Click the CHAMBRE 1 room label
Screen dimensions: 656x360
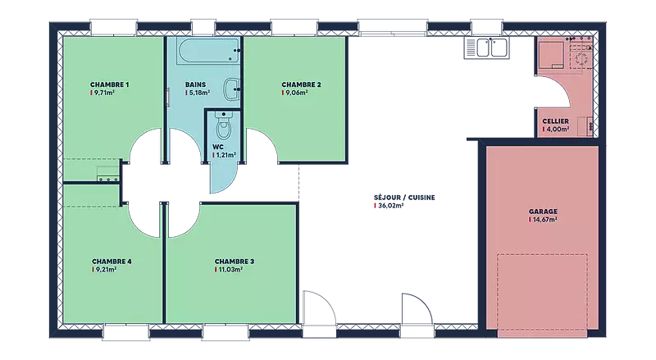[110, 84]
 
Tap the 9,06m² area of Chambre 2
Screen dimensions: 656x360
[297, 93]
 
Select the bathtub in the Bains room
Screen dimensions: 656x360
[208, 51]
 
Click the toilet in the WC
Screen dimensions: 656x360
[224, 125]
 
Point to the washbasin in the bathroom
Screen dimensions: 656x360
[232, 89]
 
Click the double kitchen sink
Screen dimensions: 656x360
[486, 48]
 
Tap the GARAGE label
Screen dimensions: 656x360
[543, 212]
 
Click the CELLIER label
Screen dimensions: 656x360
[556, 121]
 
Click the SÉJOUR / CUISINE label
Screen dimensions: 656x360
[404, 198]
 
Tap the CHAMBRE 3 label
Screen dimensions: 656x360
[235, 262]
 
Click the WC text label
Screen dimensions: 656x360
[218, 147]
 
